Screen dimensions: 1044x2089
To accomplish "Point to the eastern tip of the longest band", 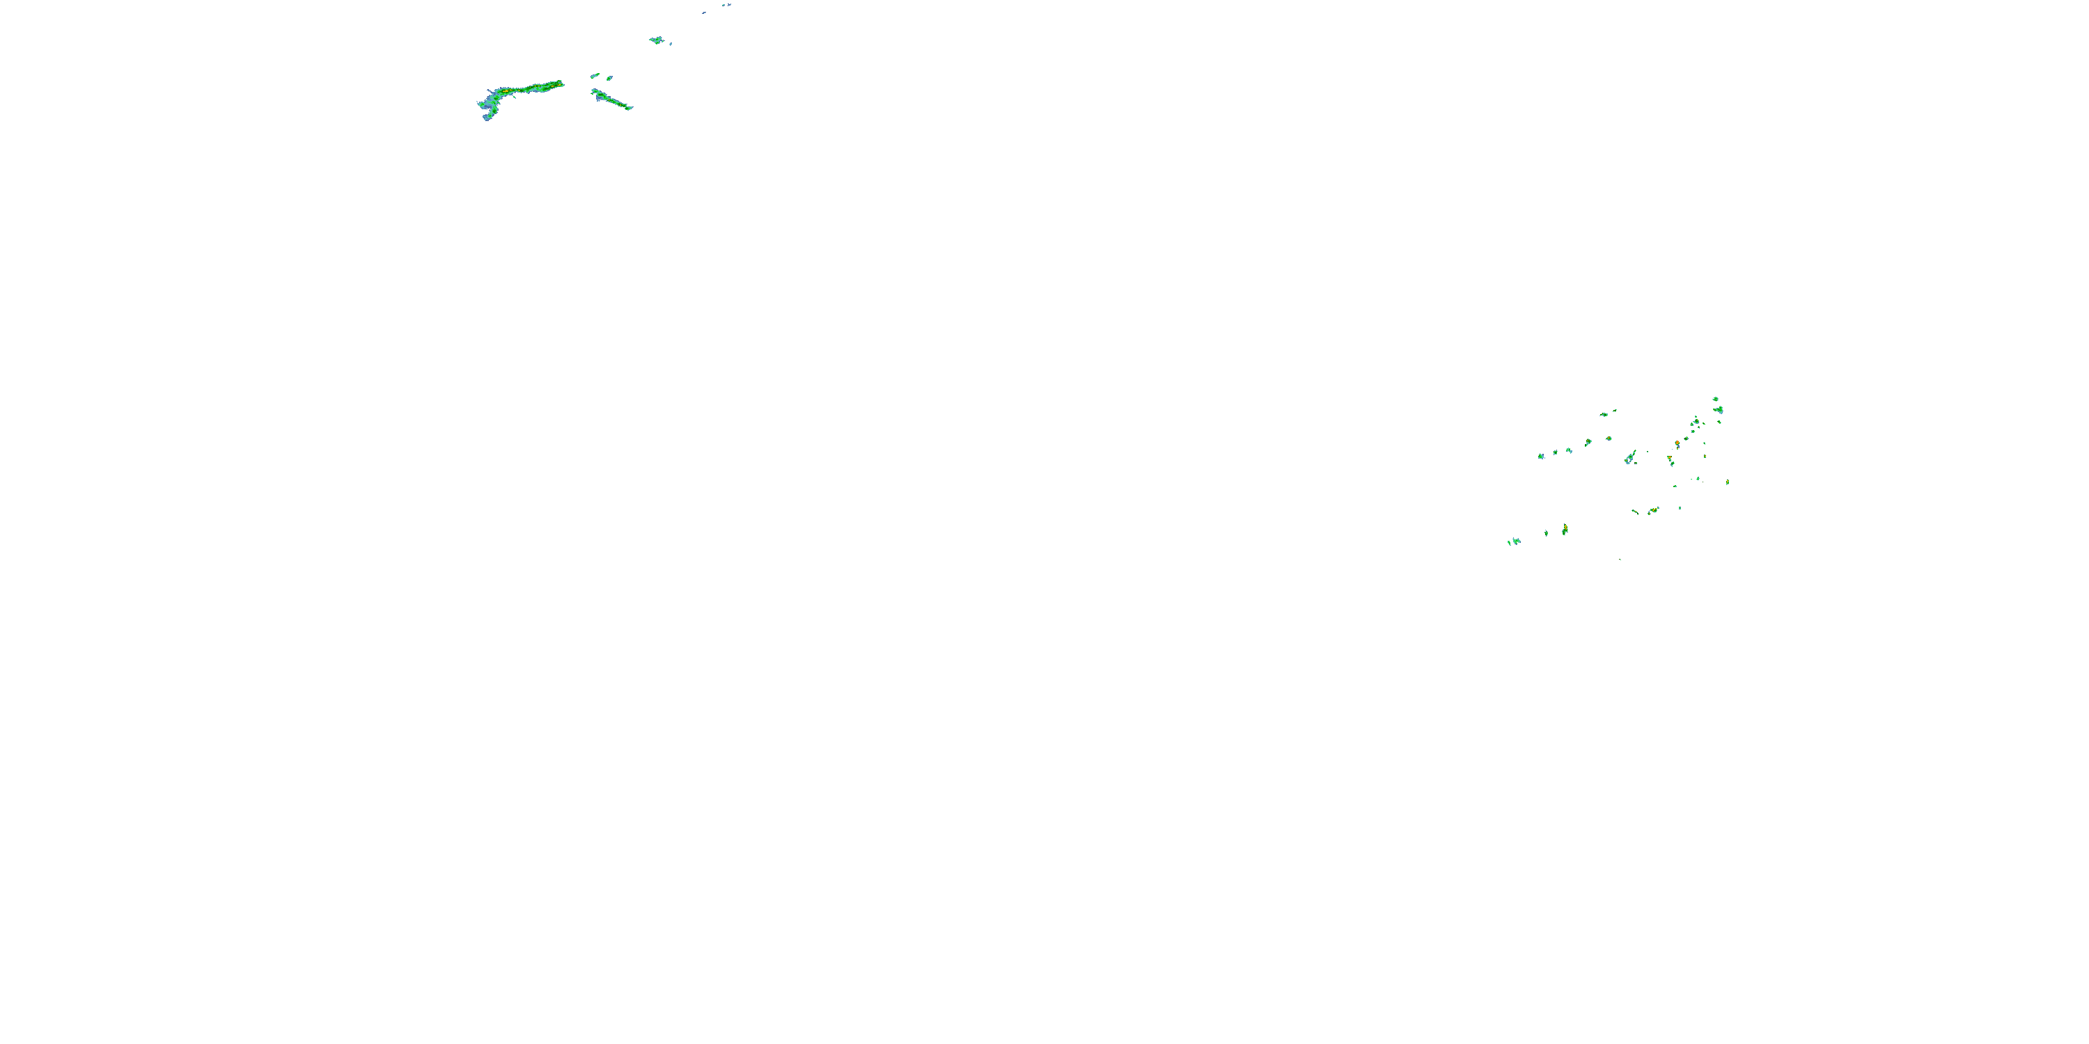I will tap(561, 83).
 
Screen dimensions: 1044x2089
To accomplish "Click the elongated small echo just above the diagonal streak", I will tap(595, 75).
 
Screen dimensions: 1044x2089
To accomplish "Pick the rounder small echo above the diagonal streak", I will tap(610, 78).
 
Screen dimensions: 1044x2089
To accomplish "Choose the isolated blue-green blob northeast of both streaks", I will tap(656, 40).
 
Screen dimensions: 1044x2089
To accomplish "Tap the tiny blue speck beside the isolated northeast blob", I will tap(671, 44).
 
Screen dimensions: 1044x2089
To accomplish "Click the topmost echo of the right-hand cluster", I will tap(1715, 399).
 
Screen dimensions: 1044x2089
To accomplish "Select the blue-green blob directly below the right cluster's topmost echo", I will tap(1719, 410).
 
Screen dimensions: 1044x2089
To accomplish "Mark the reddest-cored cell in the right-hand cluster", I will tap(1677, 443).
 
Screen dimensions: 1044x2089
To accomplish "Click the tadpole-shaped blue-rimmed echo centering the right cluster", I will tap(1630, 458).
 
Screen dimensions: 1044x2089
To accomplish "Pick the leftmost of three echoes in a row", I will tap(1541, 457).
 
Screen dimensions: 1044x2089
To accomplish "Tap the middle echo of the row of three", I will tap(1556, 452).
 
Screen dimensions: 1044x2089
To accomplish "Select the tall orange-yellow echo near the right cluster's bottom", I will tap(1565, 529).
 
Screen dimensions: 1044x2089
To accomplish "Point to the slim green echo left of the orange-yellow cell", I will tap(1547, 532).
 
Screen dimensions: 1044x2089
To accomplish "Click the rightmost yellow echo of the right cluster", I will tap(1728, 482).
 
